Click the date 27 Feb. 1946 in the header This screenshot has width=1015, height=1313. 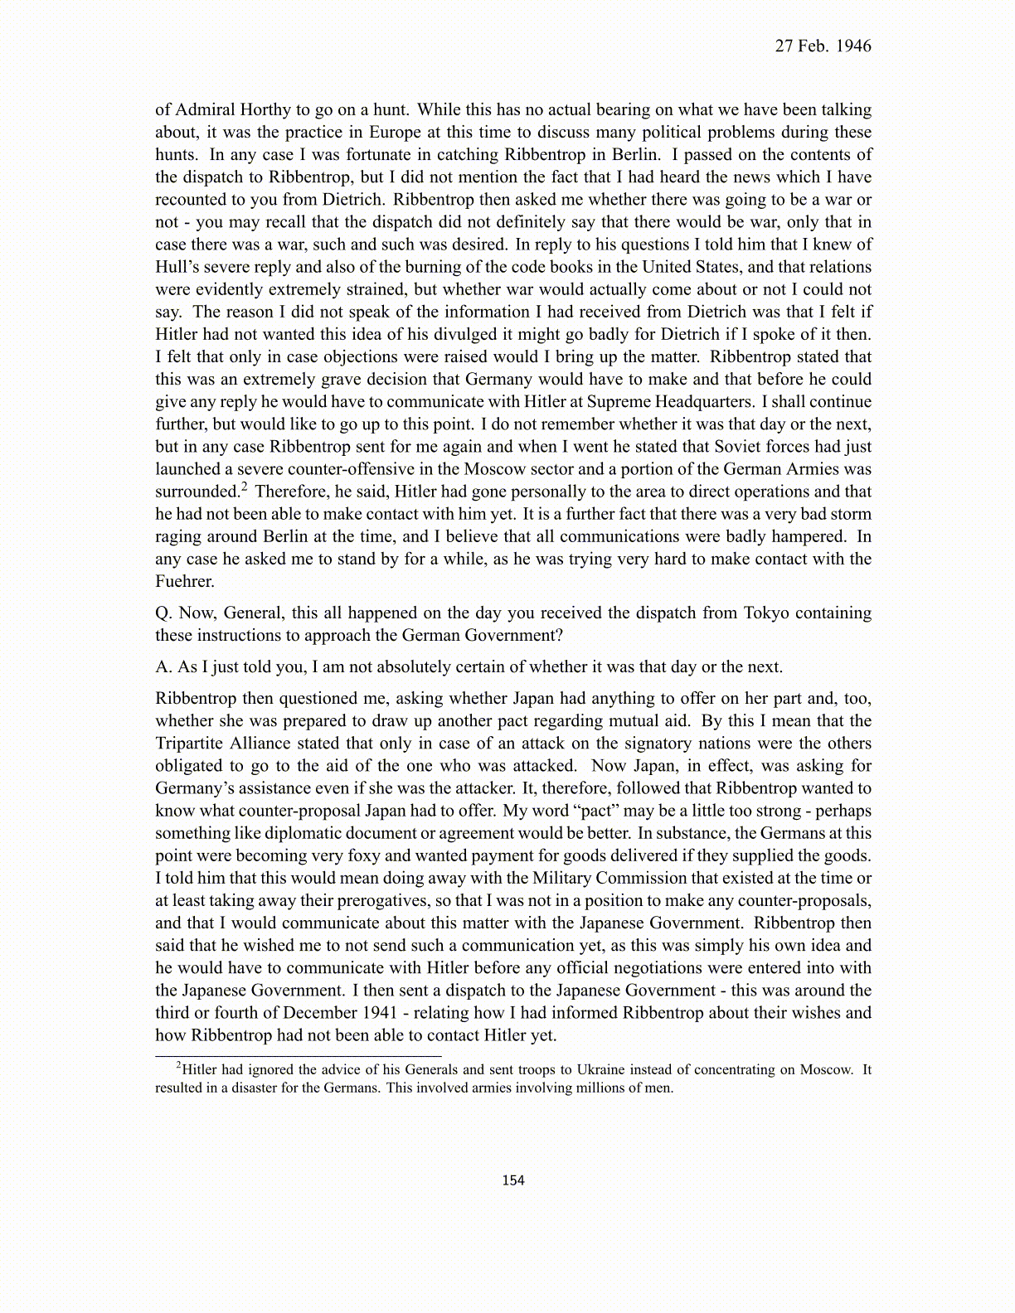pyautogui.click(x=823, y=46)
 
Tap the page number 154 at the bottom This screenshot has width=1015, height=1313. pyautogui.click(x=513, y=1180)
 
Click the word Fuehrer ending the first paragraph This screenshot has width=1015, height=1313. pyautogui.click(x=184, y=582)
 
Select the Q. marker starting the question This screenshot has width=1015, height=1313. pyautogui.click(x=163, y=613)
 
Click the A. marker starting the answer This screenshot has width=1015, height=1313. pyautogui.click(x=163, y=667)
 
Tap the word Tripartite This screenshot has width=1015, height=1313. pyautogui.click(x=191, y=744)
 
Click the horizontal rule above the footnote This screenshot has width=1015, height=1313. pyautogui.click(x=299, y=1056)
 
